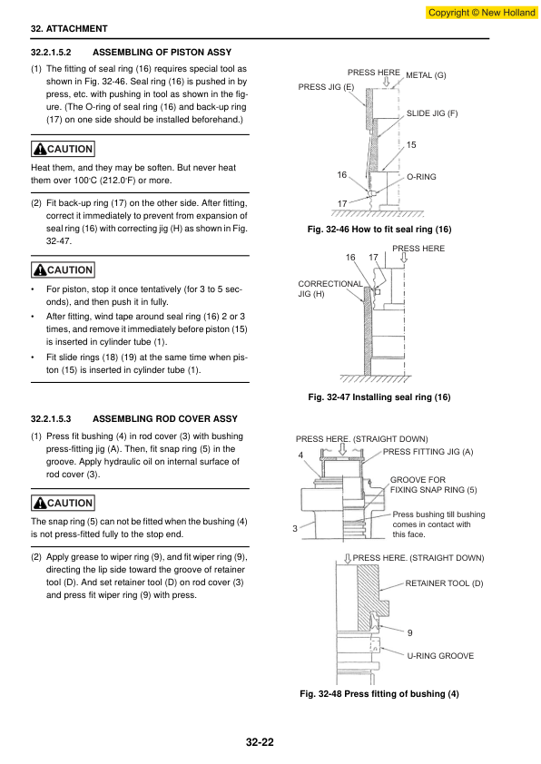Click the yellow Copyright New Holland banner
(x=481, y=13)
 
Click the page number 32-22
(x=260, y=742)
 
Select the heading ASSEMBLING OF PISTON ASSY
(x=162, y=52)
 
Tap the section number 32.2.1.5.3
(x=51, y=419)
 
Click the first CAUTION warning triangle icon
(x=40, y=149)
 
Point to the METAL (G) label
(x=426, y=75)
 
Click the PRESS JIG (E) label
(x=326, y=87)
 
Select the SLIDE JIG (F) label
(x=432, y=113)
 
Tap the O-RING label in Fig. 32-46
(x=421, y=177)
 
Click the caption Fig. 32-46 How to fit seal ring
(x=379, y=230)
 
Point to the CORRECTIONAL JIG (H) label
(x=330, y=289)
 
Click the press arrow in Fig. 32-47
(x=404, y=258)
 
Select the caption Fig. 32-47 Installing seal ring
(x=379, y=397)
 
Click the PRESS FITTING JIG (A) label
(x=428, y=452)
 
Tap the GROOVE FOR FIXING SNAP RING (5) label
(x=433, y=485)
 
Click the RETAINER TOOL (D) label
(x=444, y=583)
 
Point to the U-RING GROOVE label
(x=440, y=656)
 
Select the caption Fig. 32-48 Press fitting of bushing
(x=379, y=694)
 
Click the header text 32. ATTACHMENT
(x=69, y=29)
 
